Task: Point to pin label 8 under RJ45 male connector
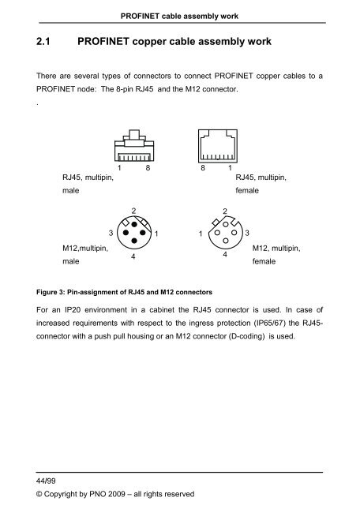tap(148, 168)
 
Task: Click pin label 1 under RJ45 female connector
tap(229, 168)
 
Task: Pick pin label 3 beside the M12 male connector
tap(110, 233)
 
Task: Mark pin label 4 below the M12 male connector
tap(133, 257)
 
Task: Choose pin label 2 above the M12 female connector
tap(226, 211)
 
